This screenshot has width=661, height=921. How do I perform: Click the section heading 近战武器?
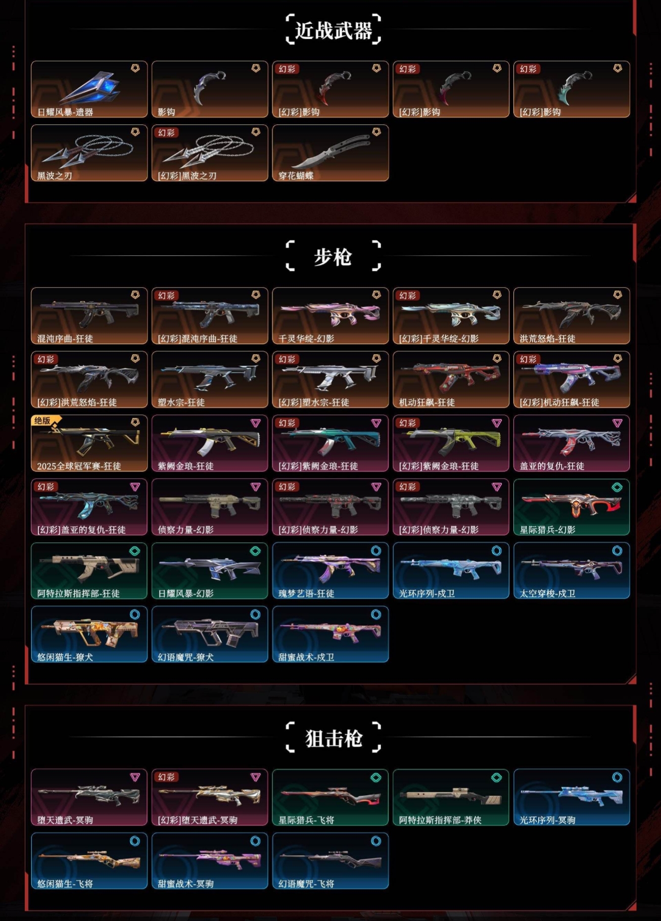click(x=333, y=30)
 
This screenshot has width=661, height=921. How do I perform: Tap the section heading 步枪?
click(x=333, y=257)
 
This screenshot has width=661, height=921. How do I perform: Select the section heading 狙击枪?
click(x=333, y=738)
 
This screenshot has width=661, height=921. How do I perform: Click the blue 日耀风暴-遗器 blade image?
click(x=91, y=87)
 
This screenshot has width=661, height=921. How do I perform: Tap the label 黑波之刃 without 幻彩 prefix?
click(x=55, y=176)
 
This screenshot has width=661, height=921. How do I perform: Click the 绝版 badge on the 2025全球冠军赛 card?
click(x=43, y=421)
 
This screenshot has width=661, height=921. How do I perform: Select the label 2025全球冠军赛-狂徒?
click(x=79, y=466)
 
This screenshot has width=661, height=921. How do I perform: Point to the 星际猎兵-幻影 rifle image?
click(x=571, y=503)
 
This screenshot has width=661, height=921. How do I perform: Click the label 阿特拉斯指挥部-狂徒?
click(x=78, y=593)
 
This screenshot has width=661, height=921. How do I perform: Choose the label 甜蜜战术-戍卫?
click(x=306, y=657)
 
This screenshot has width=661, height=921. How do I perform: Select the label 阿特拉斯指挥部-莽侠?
click(x=440, y=820)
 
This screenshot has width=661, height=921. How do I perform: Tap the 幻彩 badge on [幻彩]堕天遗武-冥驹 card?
click(x=166, y=777)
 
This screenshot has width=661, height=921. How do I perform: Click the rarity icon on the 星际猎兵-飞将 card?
click(x=376, y=777)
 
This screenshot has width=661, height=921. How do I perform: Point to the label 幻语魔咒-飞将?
click(x=306, y=884)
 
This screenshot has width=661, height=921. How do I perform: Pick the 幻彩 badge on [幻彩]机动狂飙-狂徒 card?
click(x=528, y=359)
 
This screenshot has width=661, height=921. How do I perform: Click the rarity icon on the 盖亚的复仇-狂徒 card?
click(x=617, y=423)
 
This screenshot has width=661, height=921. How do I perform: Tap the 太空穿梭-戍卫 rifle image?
click(x=571, y=567)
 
